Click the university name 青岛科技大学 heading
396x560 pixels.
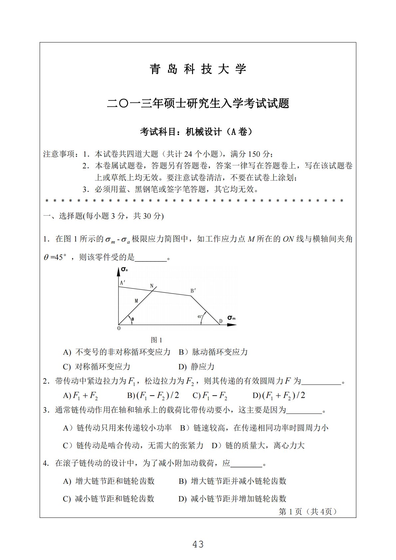[198, 69]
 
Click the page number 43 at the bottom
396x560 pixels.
[198, 544]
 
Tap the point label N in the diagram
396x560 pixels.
[152, 286]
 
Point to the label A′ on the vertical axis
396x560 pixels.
[122, 283]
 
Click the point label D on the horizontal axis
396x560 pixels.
[221, 321]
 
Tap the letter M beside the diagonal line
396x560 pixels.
[136, 301]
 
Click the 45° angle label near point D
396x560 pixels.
[200, 317]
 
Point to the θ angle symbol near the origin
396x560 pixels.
[132, 319]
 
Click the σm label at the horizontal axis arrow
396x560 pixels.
[231, 318]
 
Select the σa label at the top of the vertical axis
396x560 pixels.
[124, 269]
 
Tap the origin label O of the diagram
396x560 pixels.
[119, 328]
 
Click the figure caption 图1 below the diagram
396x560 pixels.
[156, 340]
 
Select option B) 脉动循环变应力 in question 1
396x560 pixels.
[213, 352]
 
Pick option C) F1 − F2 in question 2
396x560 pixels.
[210, 396]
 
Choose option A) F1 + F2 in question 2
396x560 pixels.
[81, 396]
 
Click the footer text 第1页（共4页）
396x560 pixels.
[308, 511]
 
